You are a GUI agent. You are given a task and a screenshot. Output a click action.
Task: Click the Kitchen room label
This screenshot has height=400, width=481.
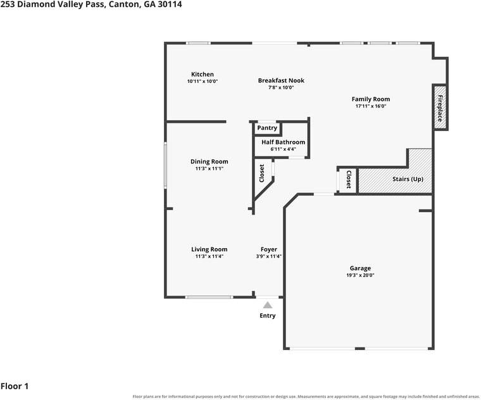[203, 74]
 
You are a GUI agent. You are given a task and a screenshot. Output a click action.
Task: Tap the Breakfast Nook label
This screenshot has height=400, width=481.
[281, 80]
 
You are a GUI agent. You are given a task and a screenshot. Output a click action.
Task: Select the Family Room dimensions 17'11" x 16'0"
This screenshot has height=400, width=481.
[371, 106]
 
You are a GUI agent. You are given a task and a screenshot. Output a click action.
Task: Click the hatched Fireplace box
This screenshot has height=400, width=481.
[440, 108]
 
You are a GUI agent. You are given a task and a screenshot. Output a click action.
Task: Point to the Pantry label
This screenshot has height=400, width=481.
[267, 128]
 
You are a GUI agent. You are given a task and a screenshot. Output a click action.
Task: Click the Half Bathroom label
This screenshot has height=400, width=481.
[283, 142]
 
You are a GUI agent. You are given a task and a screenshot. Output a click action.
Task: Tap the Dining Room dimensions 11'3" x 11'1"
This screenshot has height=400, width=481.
[209, 168]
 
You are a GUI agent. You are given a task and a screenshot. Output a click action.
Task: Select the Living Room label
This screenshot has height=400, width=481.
[209, 249]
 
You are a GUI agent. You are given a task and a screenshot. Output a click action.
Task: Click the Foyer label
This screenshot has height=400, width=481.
[269, 249]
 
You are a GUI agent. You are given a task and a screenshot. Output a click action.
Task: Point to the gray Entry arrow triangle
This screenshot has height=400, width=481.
[268, 305]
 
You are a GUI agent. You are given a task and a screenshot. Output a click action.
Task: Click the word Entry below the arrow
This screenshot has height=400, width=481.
[268, 316]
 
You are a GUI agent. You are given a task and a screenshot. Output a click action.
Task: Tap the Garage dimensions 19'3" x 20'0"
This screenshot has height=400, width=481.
[361, 275]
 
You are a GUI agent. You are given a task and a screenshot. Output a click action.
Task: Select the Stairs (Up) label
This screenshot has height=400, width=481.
[408, 179]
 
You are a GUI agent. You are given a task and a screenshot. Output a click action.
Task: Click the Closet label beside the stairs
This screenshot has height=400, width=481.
[349, 180]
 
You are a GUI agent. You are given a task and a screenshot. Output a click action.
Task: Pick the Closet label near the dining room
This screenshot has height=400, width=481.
[261, 173]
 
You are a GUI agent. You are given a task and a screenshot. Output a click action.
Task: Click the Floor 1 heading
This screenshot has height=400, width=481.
[15, 386]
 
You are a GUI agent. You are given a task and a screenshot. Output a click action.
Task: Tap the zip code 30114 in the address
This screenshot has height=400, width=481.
[170, 4]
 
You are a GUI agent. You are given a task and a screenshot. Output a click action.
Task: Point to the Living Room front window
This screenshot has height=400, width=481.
[209, 297]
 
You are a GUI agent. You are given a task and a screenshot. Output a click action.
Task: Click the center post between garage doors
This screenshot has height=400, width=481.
[360, 349]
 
